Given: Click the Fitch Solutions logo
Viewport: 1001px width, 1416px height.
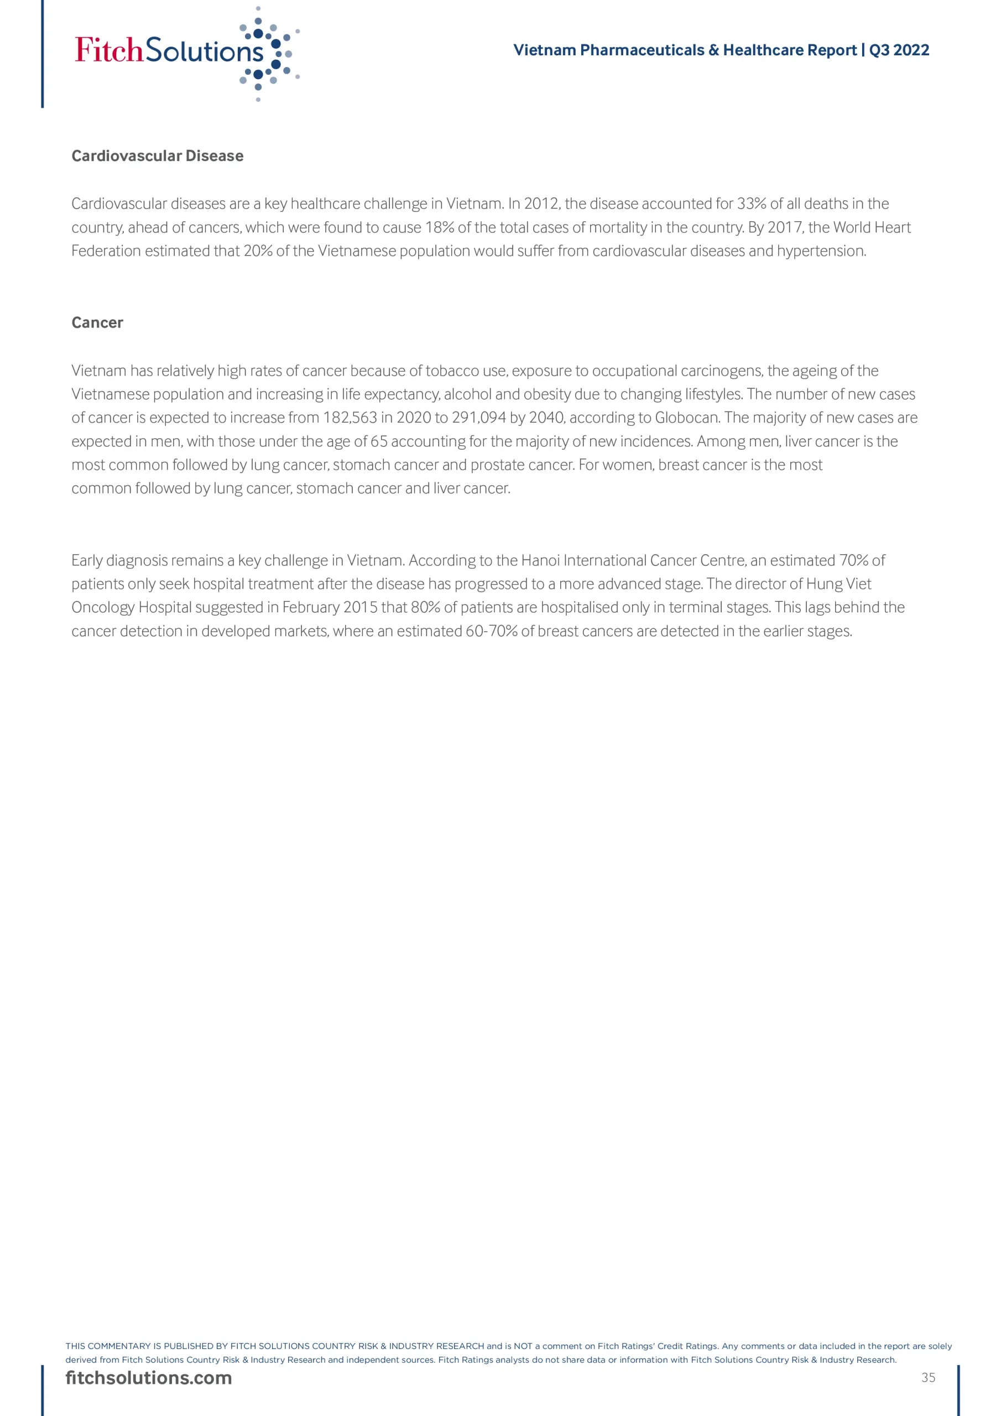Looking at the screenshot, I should tap(185, 52).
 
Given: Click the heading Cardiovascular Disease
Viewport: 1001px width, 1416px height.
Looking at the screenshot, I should tap(157, 156).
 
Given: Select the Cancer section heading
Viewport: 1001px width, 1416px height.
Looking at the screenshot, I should tap(97, 322).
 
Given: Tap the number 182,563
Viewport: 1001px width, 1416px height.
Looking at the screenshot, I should tap(350, 418).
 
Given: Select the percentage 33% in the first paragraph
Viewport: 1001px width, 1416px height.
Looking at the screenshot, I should tap(751, 204).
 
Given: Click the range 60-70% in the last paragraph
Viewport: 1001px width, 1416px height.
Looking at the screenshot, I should tap(491, 632).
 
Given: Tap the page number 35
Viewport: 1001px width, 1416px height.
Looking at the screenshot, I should tap(928, 1378).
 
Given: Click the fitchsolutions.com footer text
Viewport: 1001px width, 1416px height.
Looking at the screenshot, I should tap(149, 1378).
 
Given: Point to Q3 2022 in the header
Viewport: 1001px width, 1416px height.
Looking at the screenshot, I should tap(899, 50).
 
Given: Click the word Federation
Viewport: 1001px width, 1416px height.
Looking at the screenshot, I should tap(106, 251).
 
